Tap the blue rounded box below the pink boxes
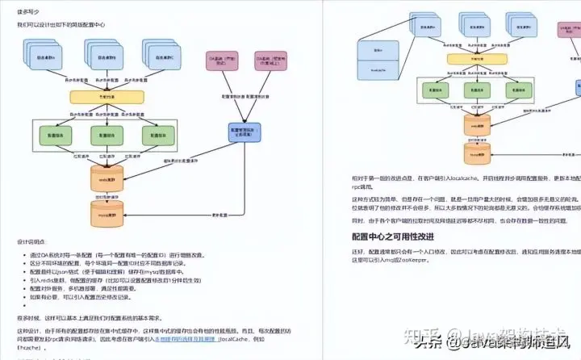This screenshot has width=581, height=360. click(x=240, y=132)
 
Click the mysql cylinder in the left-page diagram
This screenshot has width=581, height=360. click(x=107, y=216)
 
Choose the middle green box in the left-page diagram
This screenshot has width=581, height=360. click(x=107, y=135)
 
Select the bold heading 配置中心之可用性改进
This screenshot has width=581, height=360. click(x=393, y=237)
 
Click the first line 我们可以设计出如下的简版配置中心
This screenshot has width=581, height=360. click(x=61, y=24)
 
